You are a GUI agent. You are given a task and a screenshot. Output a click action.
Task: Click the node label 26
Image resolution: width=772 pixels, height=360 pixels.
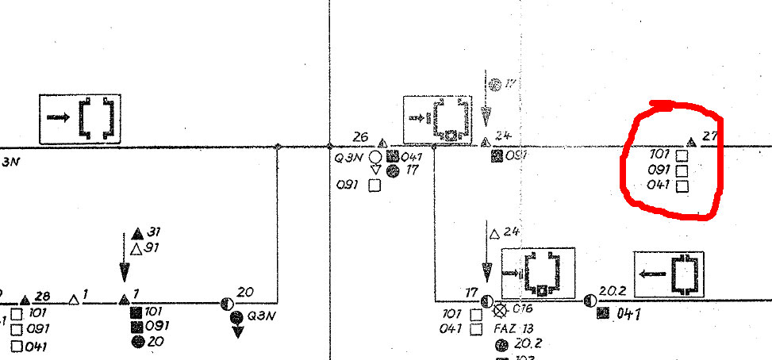(x=360, y=137)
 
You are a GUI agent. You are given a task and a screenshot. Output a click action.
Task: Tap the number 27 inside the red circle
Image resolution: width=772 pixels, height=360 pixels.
(x=710, y=136)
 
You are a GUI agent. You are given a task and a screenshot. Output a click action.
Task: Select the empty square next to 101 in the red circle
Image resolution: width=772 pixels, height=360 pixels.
(x=681, y=155)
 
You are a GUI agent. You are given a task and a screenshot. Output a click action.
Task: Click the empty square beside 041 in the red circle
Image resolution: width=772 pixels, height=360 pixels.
(x=681, y=186)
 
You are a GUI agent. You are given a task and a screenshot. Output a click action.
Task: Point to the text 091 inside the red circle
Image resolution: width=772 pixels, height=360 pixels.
(x=659, y=170)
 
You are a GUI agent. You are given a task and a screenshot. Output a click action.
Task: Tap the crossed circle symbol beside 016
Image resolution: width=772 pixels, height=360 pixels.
(x=501, y=310)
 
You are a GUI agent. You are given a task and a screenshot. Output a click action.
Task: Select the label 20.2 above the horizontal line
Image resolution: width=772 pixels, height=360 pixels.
(x=606, y=291)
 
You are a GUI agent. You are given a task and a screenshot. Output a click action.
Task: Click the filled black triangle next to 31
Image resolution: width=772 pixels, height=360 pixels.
(x=137, y=233)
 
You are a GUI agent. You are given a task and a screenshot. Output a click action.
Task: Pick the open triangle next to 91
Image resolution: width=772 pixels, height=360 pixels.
(x=136, y=249)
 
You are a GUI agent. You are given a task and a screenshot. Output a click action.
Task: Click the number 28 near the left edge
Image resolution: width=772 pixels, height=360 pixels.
(x=43, y=297)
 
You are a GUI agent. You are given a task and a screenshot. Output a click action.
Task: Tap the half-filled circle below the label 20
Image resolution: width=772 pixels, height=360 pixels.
(x=227, y=303)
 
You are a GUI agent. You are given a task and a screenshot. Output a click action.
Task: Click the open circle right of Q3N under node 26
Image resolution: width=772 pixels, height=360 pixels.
(x=376, y=157)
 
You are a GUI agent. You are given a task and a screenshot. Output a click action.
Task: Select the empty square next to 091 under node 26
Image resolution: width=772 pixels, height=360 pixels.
(x=375, y=186)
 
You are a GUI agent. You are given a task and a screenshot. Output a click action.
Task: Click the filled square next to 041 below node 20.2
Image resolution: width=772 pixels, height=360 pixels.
(x=603, y=313)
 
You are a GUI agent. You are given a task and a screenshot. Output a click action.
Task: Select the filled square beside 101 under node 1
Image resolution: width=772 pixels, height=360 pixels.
(x=136, y=312)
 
